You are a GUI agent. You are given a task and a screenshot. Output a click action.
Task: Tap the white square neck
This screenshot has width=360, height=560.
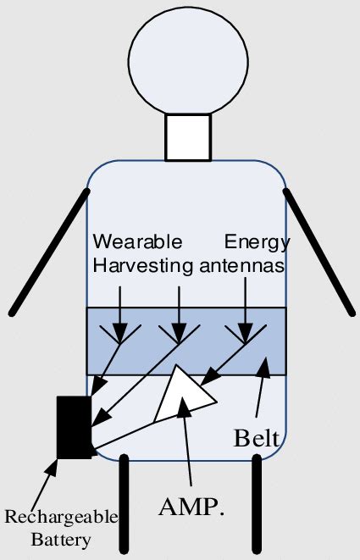(x=187, y=137)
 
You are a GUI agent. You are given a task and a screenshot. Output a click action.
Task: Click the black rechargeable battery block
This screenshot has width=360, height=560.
(x=74, y=426)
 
